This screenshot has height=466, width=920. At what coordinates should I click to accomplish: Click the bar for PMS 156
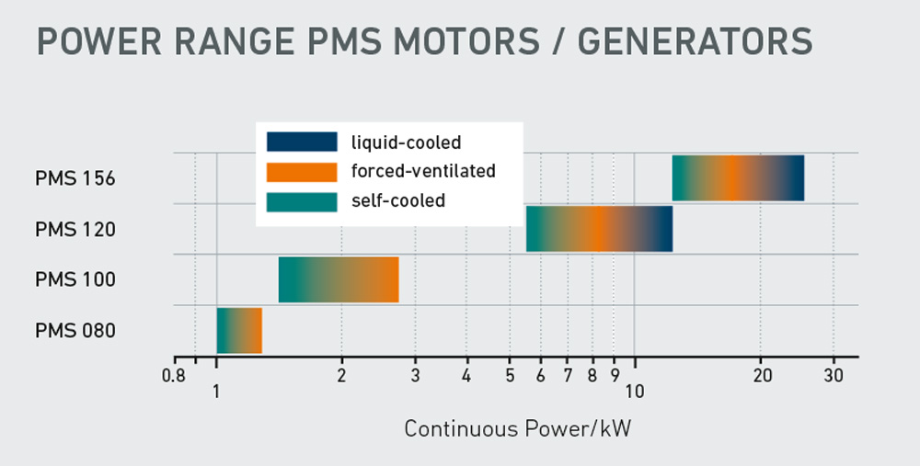coord(738,178)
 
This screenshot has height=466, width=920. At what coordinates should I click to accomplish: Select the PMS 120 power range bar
coord(599,229)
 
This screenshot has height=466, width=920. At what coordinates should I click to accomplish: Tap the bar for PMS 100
coord(339,279)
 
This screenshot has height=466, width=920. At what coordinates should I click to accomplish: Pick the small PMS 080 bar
coord(239,330)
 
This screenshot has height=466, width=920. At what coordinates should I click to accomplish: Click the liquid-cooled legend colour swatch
coord(302,142)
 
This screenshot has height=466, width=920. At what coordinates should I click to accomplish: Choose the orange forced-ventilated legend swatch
coord(302,171)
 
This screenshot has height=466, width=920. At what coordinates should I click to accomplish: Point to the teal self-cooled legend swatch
coord(302,199)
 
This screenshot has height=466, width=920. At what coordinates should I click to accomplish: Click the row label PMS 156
coord(75,178)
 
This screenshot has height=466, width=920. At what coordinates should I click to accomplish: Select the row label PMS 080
coord(75,330)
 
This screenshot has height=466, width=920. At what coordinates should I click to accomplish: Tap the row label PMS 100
coord(75,279)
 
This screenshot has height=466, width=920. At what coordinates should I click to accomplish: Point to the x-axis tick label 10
coord(634,392)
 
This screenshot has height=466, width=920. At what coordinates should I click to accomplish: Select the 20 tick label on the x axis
coord(761,375)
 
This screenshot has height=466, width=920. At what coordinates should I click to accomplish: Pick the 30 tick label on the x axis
coord(834,375)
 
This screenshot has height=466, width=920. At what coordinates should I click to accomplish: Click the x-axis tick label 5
coord(509,375)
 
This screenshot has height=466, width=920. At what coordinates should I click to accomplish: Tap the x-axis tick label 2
coord(341,375)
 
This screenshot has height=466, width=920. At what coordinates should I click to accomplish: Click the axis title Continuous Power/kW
coord(518,429)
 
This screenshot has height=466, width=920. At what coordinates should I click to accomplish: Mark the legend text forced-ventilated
coord(423,171)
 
